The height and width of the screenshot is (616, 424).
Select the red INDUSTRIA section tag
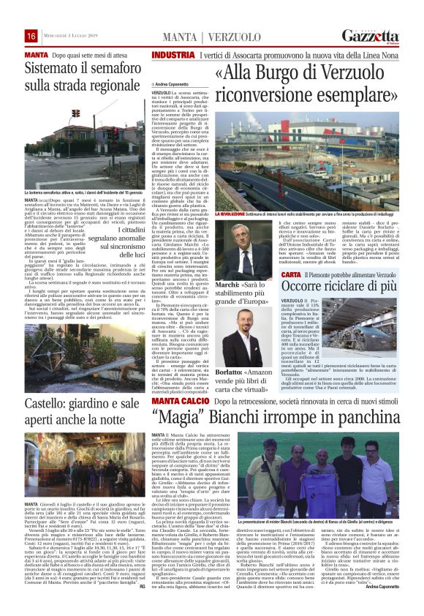pyautogui.click(x=173, y=56)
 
